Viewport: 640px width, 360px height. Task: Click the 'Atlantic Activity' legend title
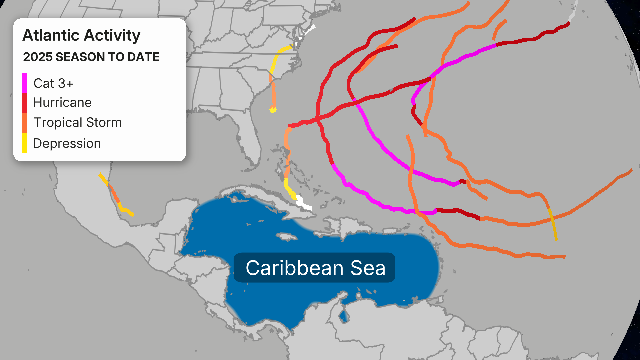pos(81,35)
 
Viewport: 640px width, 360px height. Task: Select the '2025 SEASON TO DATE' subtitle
pos(91,57)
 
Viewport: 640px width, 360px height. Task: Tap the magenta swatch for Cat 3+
pos(25,83)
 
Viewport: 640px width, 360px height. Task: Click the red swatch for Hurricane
pos(25,103)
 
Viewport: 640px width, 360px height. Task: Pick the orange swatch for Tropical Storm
pos(25,123)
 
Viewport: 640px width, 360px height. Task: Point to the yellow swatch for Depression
pos(25,143)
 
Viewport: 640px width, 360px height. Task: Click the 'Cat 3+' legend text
pos(53,83)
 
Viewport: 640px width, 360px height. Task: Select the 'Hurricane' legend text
pos(62,103)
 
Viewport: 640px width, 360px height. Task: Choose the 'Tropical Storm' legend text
pos(78,123)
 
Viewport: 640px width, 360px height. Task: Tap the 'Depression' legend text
pos(67,143)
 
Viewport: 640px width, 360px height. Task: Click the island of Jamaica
pos(287,237)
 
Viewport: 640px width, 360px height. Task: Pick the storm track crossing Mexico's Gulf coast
pos(115,197)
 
